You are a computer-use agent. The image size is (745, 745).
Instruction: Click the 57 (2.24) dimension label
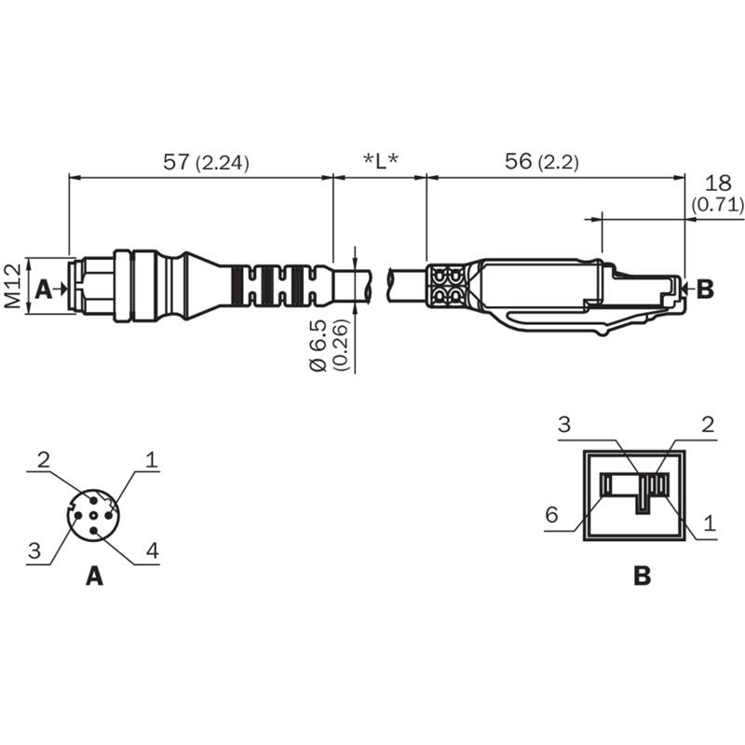pyautogui.click(x=206, y=162)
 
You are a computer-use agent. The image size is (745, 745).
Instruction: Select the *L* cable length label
pyautogui.click(x=380, y=162)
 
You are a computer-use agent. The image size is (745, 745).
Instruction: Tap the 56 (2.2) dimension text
pyautogui.click(x=542, y=162)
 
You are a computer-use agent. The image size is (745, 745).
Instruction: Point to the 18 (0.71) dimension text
pyautogui.click(x=717, y=194)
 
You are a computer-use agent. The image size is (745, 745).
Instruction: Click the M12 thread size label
pyautogui.click(x=13, y=286)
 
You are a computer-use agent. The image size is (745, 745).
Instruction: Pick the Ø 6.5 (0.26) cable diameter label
pyautogui.click(x=330, y=345)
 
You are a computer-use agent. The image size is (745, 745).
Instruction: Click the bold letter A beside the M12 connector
pyautogui.click(x=44, y=289)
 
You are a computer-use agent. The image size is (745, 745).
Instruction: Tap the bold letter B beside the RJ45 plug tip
pyautogui.click(x=705, y=289)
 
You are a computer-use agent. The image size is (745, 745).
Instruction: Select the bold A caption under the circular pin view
pyautogui.click(x=95, y=576)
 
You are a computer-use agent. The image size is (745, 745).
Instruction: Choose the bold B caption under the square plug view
pyautogui.click(x=643, y=576)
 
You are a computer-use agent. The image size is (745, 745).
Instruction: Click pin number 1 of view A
pyautogui.click(x=152, y=460)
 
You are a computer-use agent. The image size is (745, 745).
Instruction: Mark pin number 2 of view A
pyautogui.click(x=43, y=460)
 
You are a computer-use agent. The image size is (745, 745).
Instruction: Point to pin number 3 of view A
pyautogui.click(x=34, y=551)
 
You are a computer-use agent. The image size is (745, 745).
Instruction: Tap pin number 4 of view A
pyautogui.click(x=152, y=551)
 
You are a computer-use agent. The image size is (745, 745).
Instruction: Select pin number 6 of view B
pyautogui.click(x=551, y=515)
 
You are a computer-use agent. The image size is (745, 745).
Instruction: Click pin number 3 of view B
pyautogui.click(x=564, y=425)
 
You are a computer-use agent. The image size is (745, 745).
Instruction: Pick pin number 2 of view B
pyautogui.click(x=708, y=425)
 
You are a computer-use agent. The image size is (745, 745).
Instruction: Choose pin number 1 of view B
pyautogui.click(x=710, y=523)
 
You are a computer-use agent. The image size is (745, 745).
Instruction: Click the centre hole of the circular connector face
pyautogui.click(x=94, y=516)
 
